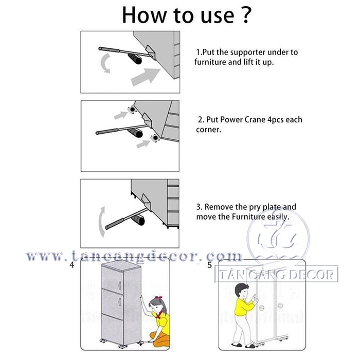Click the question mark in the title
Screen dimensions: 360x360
point(245,15)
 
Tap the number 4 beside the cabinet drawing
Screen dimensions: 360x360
point(72,265)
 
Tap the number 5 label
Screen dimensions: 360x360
point(209,265)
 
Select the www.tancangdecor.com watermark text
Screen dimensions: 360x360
point(134,256)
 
